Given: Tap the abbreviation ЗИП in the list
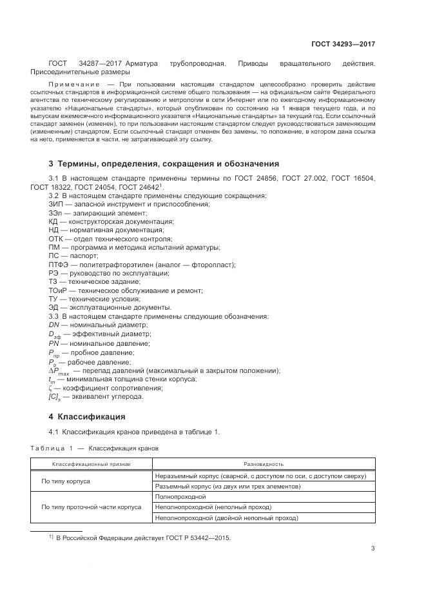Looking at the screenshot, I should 56,204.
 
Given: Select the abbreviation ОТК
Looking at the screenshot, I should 56,239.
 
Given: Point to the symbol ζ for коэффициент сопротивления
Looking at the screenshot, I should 50,387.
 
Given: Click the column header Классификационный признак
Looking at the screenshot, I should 91,464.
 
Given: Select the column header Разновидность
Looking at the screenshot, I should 263,464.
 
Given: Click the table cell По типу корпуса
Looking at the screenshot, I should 66,481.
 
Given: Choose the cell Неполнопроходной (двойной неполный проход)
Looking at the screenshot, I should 227,518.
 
